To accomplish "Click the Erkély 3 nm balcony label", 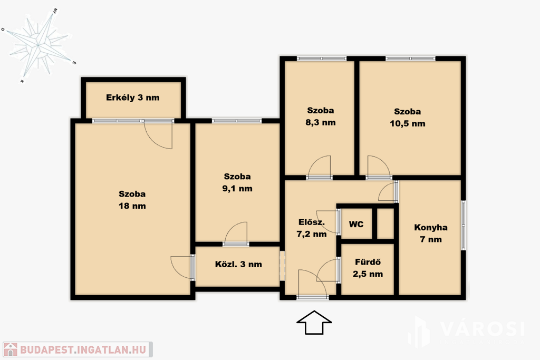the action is pyautogui.click(x=132, y=98).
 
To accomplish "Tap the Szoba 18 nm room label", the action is pyautogui.click(x=132, y=200).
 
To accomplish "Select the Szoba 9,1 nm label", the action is pyautogui.click(x=237, y=182).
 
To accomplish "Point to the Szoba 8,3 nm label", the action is pyautogui.click(x=320, y=116).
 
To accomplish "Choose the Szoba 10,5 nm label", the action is pyautogui.click(x=408, y=118).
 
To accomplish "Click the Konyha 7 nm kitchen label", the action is pyautogui.click(x=431, y=233).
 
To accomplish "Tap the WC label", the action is pyautogui.click(x=356, y=225).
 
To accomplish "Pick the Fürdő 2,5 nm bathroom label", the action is pyautogui.click(x=368, y=268).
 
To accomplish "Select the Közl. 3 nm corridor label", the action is pyautogui.click(x=238, y=264).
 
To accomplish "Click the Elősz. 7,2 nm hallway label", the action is pyautogui.click(x=311, y=228).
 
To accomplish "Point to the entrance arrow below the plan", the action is pyautogui.click(x=314, y=323).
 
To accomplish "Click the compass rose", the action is pyautogui.click(x=38, y=45).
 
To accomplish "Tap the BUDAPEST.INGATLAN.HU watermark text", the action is pyautogui.click(x=83, y=349).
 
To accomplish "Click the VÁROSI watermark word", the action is pyautogui.click(x=482, y=329).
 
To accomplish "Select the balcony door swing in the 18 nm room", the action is pyautogui.click(x=158, y=134).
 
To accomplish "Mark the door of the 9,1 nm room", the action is pyautogui.click(x=236, y=233).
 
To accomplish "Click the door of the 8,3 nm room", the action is pyautogui.click(x=320, y=167).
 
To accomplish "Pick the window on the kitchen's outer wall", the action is pyautogui.click(x=464, y=225).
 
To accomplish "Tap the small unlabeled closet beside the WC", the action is pyautogui.click(x=385, y=223).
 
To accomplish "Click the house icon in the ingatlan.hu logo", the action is pyautogui.click(x=11, y=349).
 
